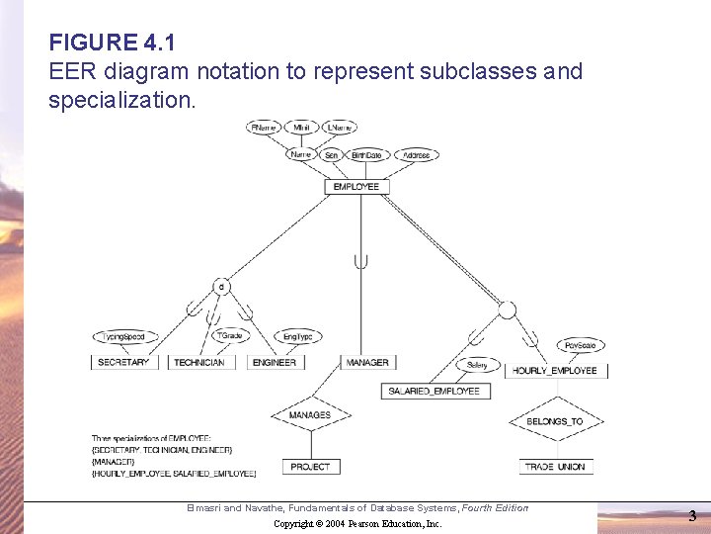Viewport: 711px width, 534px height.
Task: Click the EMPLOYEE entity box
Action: pyautogui.click(x=355, y=186)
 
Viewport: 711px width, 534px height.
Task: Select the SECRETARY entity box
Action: pyautogui.click(x=123, y=362)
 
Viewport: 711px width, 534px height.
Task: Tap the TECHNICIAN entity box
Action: pyautogui.click(x=198, y=362)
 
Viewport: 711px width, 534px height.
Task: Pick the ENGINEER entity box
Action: pyautogui.click(x=275, y=362)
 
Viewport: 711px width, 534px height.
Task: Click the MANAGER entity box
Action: pyautogui.click(x=367, y=362)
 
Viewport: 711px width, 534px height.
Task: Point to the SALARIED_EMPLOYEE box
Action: pyautogui.click(x=434, y=391)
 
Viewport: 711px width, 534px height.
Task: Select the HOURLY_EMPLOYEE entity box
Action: pyautogui.click(x=555, y=371)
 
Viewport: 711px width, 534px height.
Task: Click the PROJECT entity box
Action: pyautogui.click(x=311, y=466)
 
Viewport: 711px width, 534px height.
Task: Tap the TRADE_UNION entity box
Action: pyautogui.click(x=554, y=466)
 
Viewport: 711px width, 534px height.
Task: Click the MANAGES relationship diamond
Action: pyautogui.click(x=310, y=415)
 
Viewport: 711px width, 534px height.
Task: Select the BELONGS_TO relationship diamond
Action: pyautogui.click(x=554, y=421)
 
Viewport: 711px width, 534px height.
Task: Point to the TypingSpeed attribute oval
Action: pyautogui.click(x=123, y=336)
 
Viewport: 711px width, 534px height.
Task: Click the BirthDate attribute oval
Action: pyautogui.click(x=366, y=155)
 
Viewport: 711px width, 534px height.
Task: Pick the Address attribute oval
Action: pyautogui.click(x=417, y=155)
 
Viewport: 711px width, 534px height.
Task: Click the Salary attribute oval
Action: pyautogui.click(x=478, y=365)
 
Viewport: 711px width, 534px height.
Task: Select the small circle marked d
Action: pyautogui.click(x=222, y=287)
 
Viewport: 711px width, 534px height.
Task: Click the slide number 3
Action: pyautogui.click(x=692, y=515)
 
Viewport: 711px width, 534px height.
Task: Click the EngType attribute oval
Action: pyautogui.click(x=297, y=336)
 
